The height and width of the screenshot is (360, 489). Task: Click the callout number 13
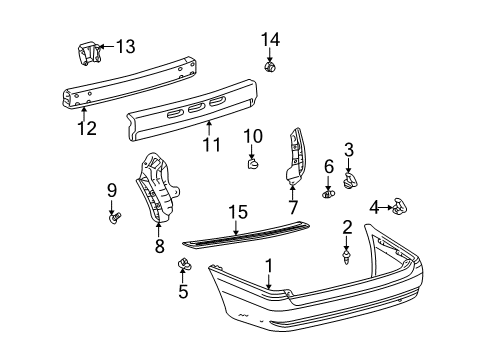point(125,46)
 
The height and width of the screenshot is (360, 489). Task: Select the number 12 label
point(88,127)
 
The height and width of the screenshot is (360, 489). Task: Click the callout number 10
point(252,135)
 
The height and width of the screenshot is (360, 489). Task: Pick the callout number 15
point(236,240)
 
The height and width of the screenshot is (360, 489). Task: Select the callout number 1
point(268,267)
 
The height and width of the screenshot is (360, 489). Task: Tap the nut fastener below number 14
point(268,67)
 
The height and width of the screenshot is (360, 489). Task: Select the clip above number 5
point(184,264)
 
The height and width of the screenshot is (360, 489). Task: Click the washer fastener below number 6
point(328,194)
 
